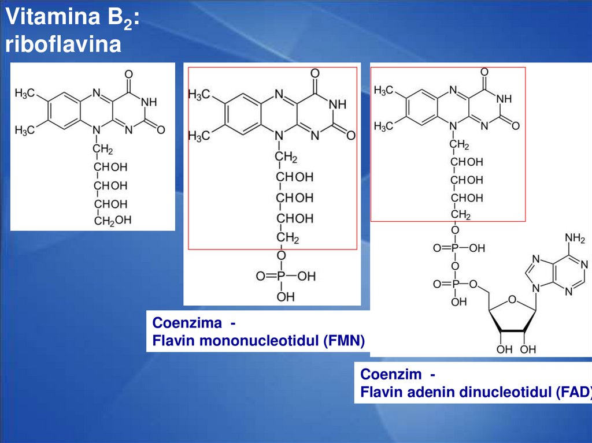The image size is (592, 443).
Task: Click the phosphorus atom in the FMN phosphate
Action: click(281, 277)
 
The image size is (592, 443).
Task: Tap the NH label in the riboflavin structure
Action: click(149, 102)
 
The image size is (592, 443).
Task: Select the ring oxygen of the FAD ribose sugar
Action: click(512, 299)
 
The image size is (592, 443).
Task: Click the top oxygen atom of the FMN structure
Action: click(314, 73)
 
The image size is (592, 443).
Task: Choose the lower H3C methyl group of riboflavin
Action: click(25, 131)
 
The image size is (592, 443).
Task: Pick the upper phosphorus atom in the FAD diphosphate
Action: click(454, 248)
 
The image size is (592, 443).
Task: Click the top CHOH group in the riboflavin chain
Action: click(111, 167)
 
